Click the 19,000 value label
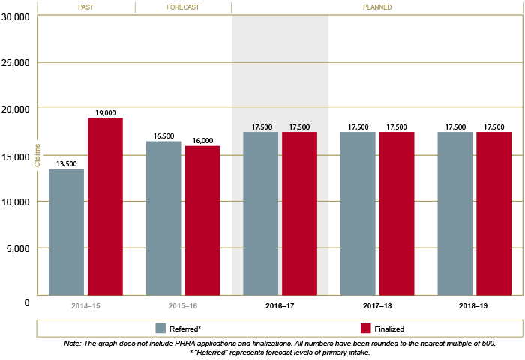[105, 113]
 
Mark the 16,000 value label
[202, 140]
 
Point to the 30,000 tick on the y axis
[15, 16]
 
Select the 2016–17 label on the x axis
[280, 307]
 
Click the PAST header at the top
[85, 7]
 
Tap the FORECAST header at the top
[183, 7]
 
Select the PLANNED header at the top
[377, 7]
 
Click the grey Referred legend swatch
[160, 328]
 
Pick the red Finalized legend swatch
[366, 328]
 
